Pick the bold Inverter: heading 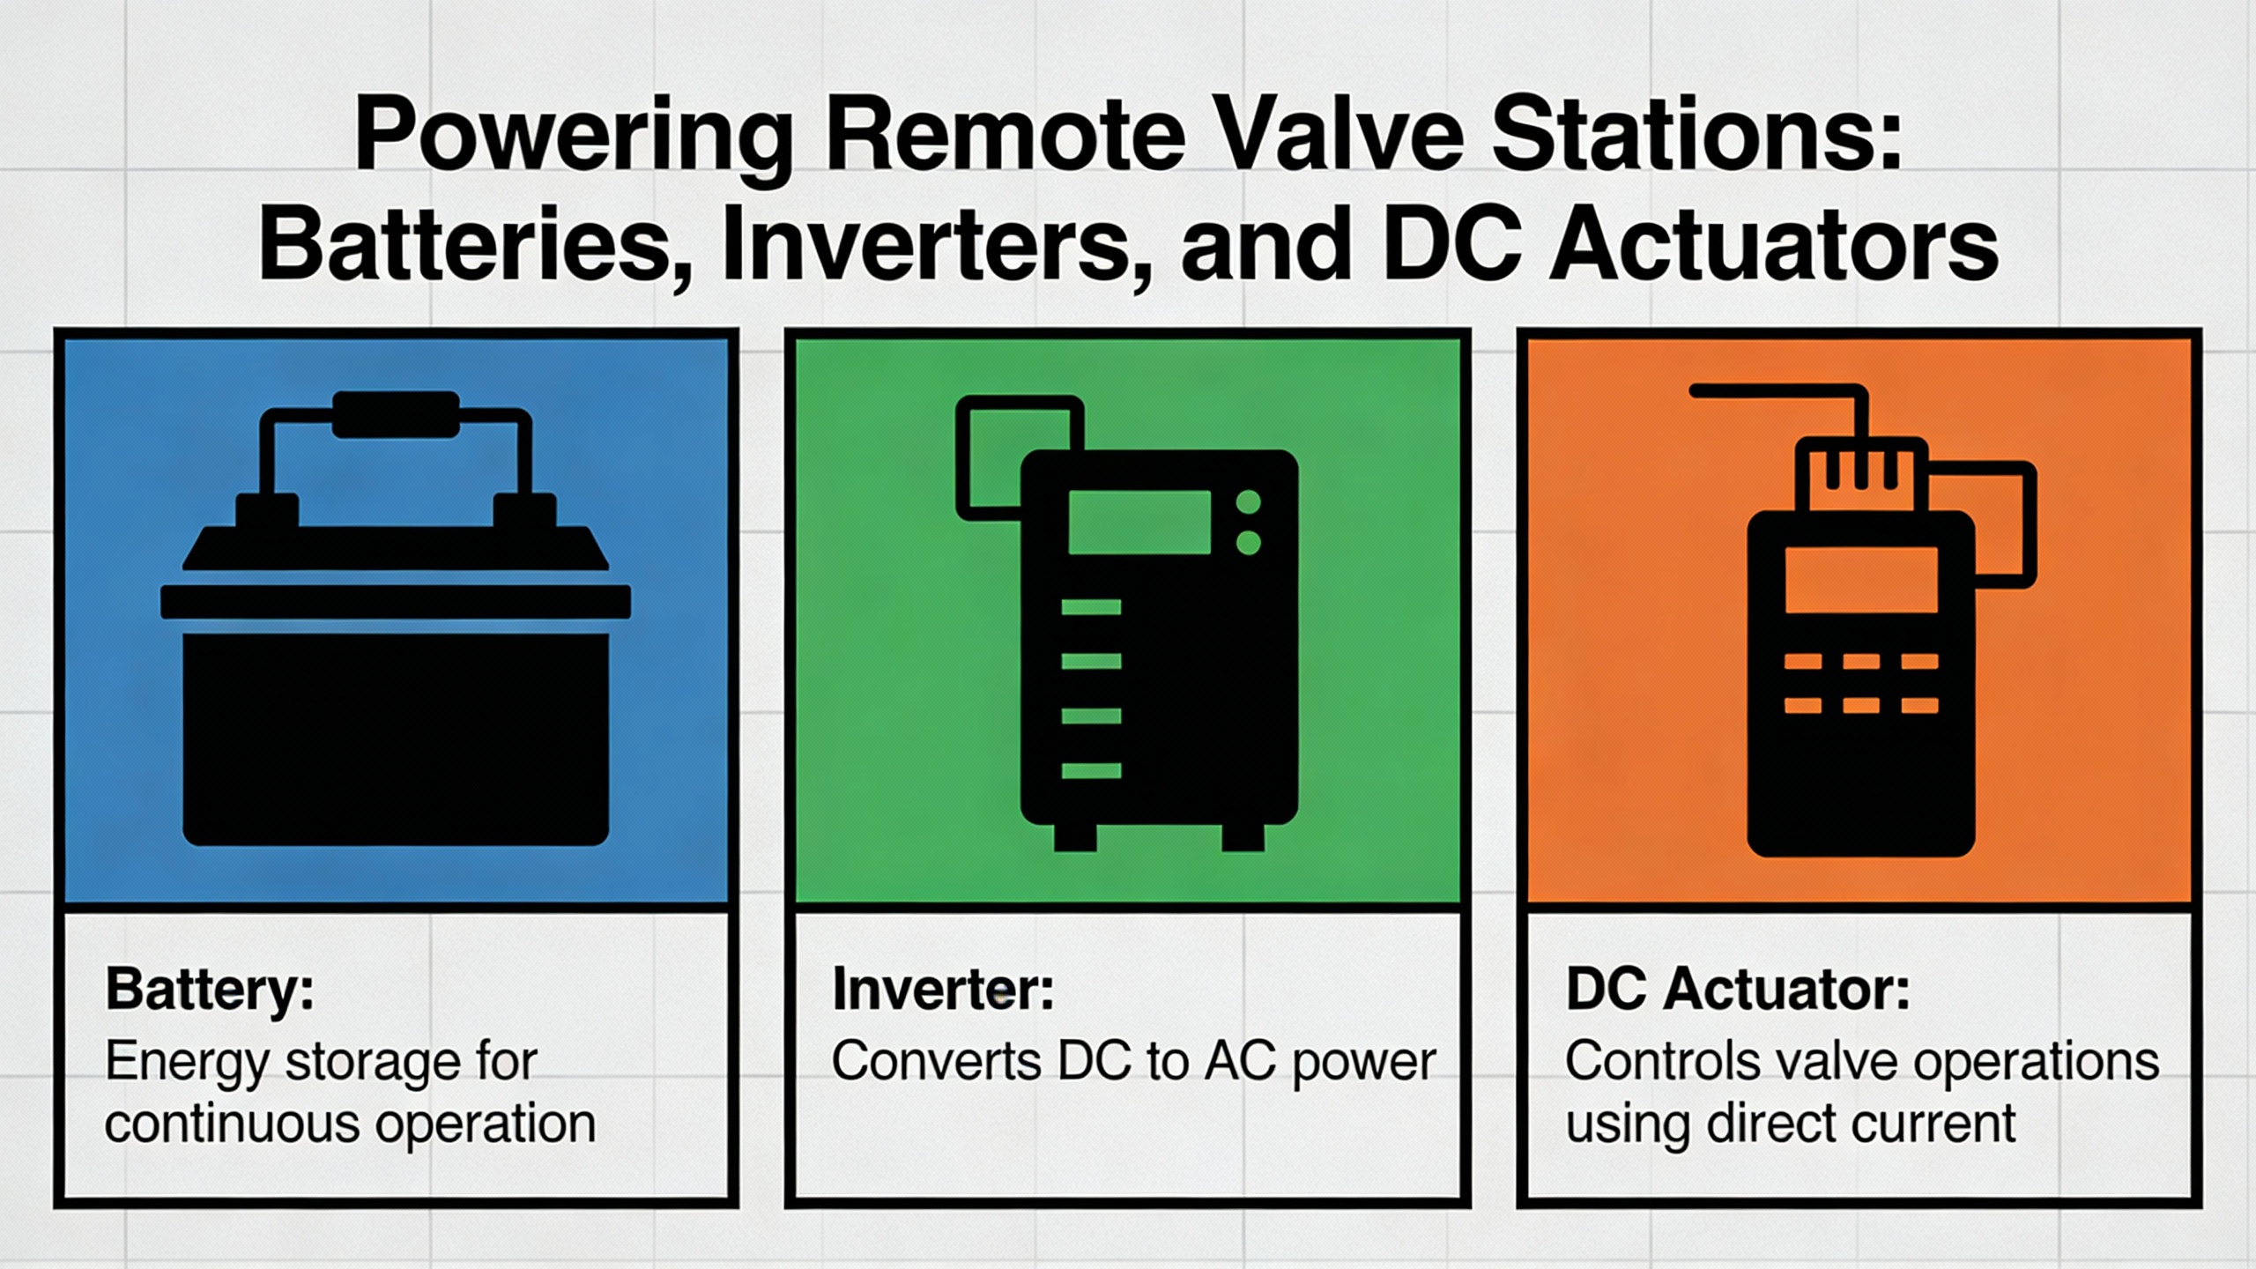pyautogui.click(x=943, y=989)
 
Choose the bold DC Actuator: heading pyautogui.click(x=1737, y=989)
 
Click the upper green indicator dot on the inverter pyautogui.click(x=1249, y=502)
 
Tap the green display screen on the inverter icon pyautogui.click(x=1139, y=523)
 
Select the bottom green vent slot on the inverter pyautogui.click(x=1091, y=771)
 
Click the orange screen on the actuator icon pyautogui.click(x=1861, y=579)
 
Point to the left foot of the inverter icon pyautogui.click(x=1075, y=836)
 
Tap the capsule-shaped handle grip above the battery pyautogui.click(x=396, y=415)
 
